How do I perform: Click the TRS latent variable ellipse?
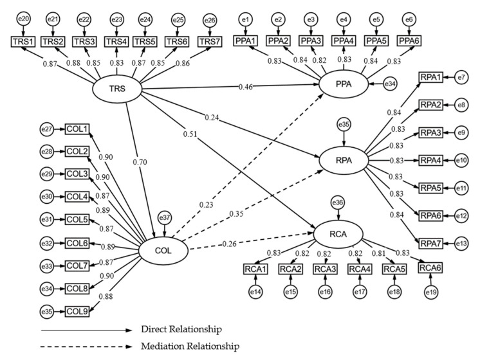point(117,89)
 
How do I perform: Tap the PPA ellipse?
point(342,84)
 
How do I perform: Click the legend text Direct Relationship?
point(182,329)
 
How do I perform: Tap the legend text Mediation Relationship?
point(189,346)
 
